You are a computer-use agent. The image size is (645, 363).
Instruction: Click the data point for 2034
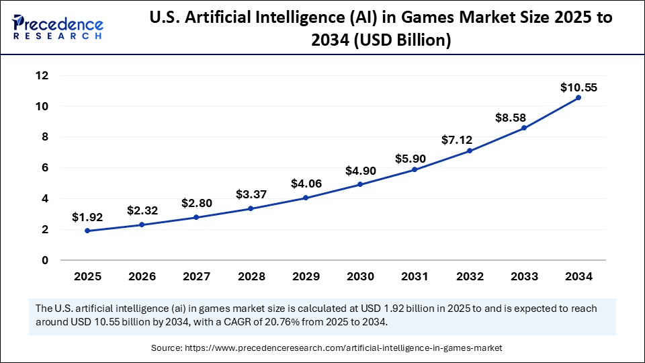pos(578,97)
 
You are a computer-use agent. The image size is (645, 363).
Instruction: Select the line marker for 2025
pos(87,231)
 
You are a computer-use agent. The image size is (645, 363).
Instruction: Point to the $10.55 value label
pos(578,87)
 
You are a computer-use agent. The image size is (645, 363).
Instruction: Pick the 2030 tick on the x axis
pos(360,276)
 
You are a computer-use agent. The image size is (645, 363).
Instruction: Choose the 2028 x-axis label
pos(251,276)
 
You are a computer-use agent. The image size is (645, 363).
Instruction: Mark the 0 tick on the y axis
pos(44,260)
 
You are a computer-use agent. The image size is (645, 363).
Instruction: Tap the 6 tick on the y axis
pos(44,168)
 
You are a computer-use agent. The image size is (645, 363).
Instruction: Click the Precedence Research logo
pos(58,26)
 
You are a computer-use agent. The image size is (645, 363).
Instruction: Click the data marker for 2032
pos(470,151)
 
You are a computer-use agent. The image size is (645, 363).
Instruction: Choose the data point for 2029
pos(306,198)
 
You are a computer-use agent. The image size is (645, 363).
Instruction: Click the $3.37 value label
pos(251,194)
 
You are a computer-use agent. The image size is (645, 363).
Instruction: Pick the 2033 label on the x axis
pos(524,276)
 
